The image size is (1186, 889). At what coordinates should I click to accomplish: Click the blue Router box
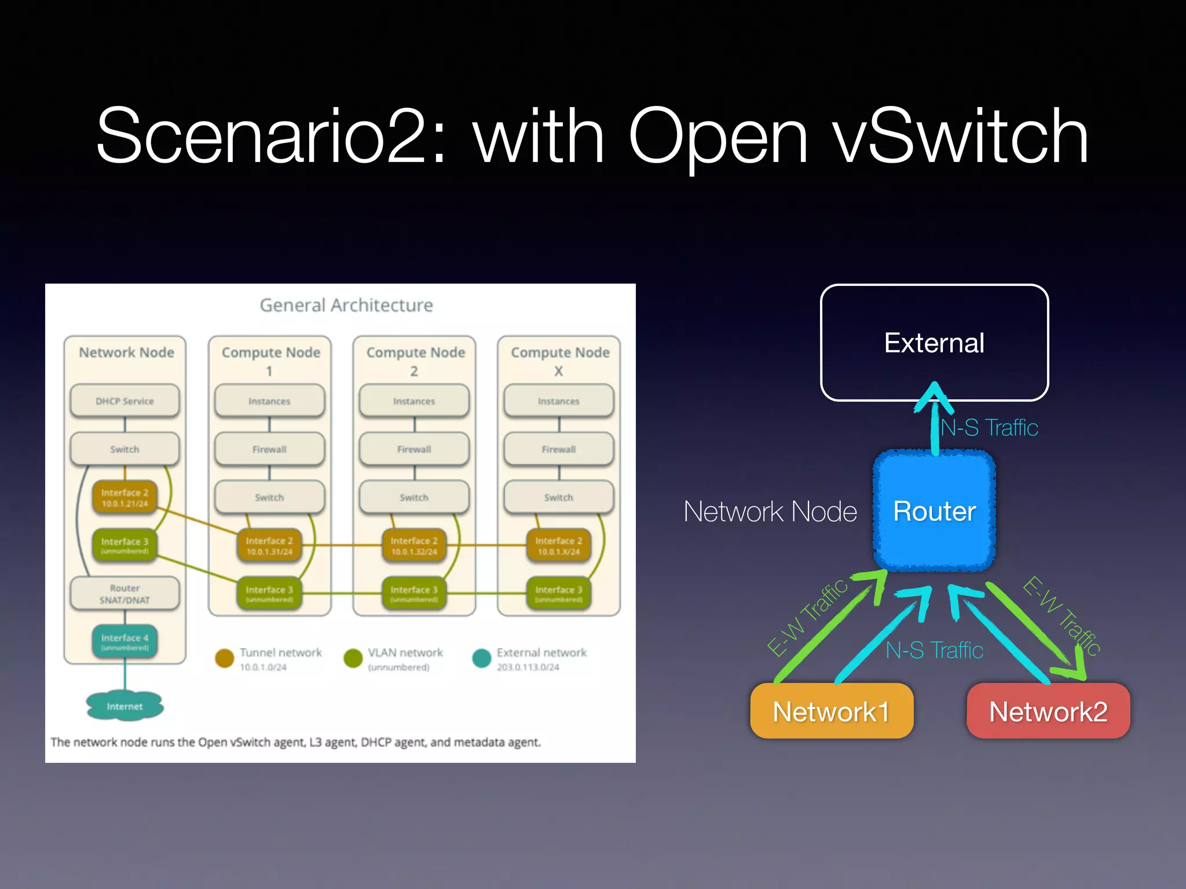(934, 511)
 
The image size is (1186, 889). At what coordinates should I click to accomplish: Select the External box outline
(934, 343)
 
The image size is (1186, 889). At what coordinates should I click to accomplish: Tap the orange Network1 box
(831, 711)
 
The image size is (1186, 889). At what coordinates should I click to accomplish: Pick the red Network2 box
(1048, 711)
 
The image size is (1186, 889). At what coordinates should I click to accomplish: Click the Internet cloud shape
(125, 706)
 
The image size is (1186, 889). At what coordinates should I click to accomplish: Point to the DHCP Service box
(125, 401)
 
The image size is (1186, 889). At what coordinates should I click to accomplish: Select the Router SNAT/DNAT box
(125, 594)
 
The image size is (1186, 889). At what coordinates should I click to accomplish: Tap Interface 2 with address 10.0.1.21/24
(125, 498)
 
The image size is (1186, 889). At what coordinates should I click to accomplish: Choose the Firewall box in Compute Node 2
(414, 449)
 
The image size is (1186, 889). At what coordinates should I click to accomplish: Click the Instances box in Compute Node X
(558, 401)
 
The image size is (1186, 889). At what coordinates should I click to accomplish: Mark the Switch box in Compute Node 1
(269, 497)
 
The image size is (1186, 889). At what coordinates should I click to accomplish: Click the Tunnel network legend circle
(224, 658)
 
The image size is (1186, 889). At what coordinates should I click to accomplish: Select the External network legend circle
(481, 658)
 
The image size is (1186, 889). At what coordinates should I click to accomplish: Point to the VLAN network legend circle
(353, 658)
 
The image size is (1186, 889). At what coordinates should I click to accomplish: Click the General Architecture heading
(346, 305)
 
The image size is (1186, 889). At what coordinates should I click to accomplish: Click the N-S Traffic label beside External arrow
(989, 428)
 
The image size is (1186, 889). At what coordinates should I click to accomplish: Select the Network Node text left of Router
(770, 512)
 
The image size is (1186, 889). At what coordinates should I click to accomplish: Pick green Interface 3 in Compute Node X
(558, 593)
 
